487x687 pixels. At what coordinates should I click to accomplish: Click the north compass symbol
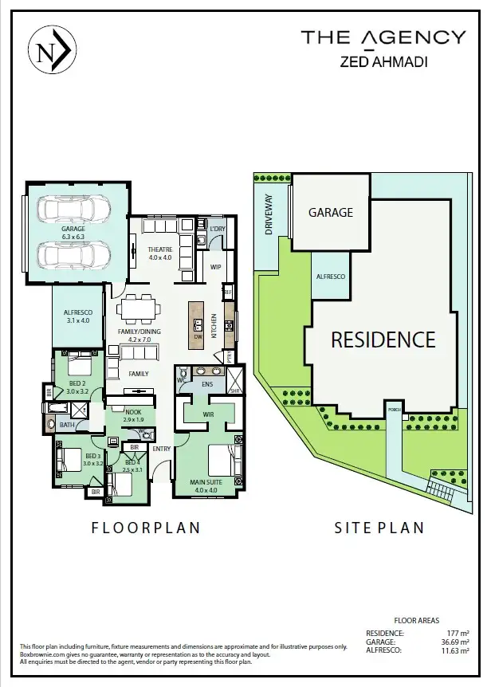coord(52,51)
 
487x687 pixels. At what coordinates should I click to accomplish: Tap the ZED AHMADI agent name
coord(383,61)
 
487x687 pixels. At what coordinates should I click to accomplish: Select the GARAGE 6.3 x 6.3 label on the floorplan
coord(73,233)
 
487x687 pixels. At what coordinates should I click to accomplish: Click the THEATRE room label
coord(160,253)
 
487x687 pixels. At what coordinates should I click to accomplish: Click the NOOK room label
coord(132,415)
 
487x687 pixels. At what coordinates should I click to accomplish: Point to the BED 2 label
coord(77,387)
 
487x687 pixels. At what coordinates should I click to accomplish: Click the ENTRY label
coord(162,448)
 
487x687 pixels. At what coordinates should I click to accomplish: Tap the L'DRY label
coord(218,229)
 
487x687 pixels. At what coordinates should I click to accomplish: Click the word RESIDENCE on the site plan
coord(383,340)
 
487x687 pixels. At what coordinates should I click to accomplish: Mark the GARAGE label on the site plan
coord(331,213)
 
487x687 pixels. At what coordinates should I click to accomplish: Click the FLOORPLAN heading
coord(145,528)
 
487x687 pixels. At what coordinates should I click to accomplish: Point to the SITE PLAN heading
coord(379,528)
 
